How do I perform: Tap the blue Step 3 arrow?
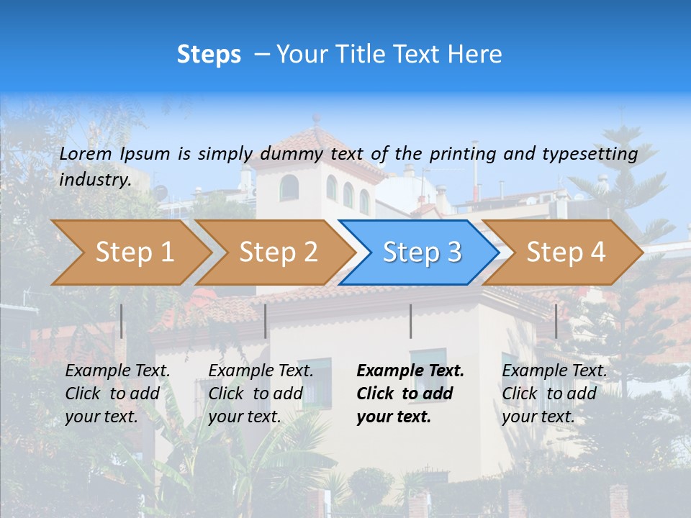pyautogui.click(x=422, y=253)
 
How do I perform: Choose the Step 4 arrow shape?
pyautogui.click(x=566, y=253)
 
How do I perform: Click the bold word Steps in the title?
pyautogui.click(x=209, y=55)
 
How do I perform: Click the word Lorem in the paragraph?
pyautogui.click(x=86, y=153)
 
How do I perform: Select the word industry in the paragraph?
pyautogui.click(x=94, y=179)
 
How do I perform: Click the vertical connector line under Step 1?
pyautogui.click(x=122, y=321)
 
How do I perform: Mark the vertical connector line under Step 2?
pyautogui.click(x=266, y=321)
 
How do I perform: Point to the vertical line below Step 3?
pyautogui.click(x=410, y=321)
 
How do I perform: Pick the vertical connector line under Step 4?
pyautogui.click(x=556, y=321)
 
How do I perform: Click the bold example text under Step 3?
pyautogui.click(x=410, y=394)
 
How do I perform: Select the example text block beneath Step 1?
pyautogui.click(x=117, y=394)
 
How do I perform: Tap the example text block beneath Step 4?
pyautogui.click(x=554, y=394)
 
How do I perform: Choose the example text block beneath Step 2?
pyautogui.click(x=261, y=394)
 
